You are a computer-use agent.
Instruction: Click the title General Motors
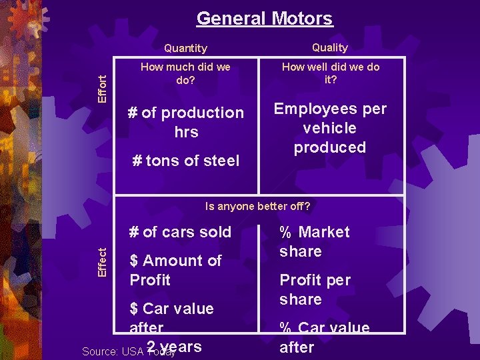[x=265, y=18]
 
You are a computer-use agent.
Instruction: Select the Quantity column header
[x=185, y=48]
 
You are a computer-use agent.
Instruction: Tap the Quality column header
[x=330, y=47]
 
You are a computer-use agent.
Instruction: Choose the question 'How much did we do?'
[x=186, y=73]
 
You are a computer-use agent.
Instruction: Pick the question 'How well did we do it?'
[x=330, y=73]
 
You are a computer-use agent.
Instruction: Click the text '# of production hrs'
[x=186, y=122]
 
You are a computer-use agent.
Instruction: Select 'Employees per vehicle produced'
[x=330, y=128]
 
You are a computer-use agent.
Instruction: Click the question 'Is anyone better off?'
[x=258, y=206]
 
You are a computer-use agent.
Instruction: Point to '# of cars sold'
[x=181, y=232]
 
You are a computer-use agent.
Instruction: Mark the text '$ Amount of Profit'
[x=175, y=270]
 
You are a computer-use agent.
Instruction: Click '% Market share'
[x=315, y=241]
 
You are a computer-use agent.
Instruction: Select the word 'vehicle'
[x=330, y=128]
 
